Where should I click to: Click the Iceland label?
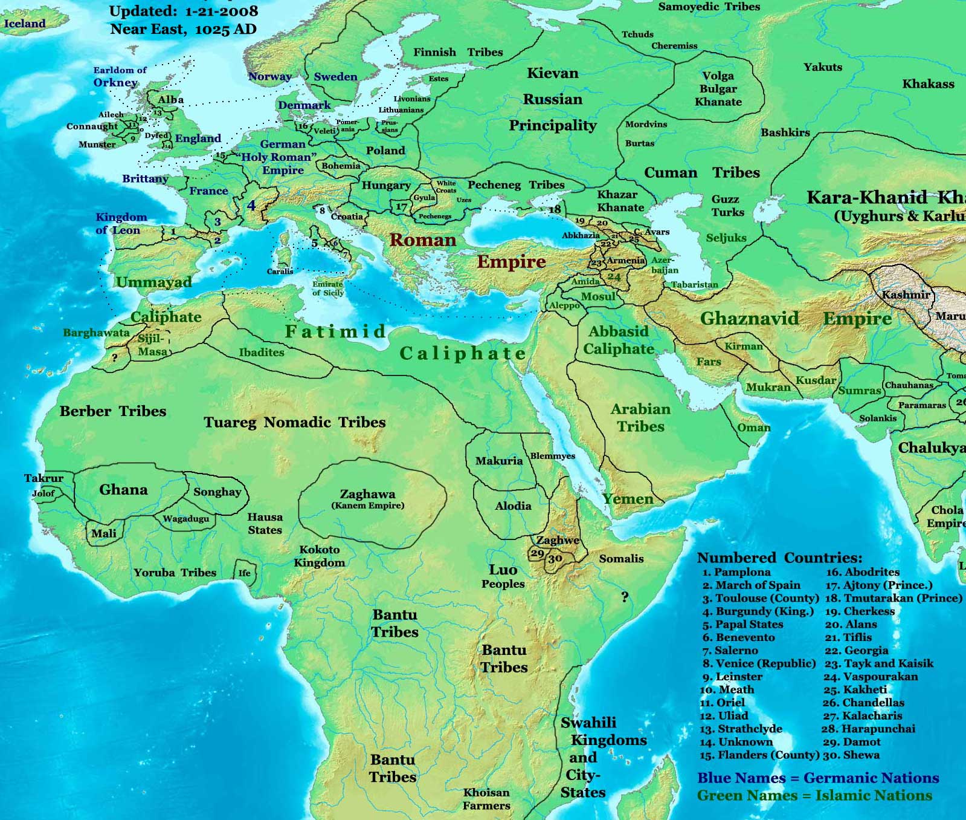25,24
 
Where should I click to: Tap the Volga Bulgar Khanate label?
718,89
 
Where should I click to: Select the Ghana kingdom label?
123,490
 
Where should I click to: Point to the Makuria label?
498,461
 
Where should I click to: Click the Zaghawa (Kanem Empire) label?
367,499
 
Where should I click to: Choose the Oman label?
753,428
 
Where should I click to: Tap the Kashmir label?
905,295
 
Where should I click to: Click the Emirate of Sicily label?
327,288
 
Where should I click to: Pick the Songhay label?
217,492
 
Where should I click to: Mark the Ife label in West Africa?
244,573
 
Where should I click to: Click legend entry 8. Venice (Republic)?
759,663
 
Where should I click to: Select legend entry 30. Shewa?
851,755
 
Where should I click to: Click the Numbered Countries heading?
779,558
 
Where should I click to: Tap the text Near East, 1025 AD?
183,29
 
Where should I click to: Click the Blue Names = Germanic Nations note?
818,778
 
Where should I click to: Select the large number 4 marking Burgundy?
251,206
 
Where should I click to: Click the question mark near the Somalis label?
625,597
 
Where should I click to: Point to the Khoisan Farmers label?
486,799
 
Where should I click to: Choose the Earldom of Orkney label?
119,77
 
